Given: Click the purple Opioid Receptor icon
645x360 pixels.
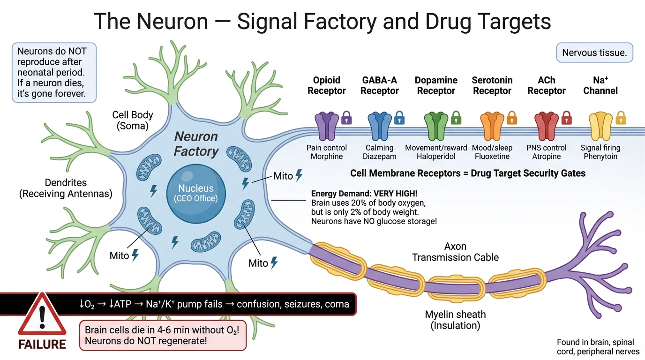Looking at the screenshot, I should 327,126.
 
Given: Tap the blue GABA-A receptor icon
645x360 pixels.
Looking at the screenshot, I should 380,126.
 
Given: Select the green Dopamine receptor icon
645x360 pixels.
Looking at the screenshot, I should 436,126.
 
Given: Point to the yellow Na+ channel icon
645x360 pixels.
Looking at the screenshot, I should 600,126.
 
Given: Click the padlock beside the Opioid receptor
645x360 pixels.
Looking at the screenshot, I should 346,117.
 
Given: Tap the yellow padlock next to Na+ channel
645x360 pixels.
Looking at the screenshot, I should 621,117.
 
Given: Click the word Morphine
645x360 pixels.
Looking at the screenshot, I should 327,157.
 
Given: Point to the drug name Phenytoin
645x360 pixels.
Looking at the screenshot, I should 600,157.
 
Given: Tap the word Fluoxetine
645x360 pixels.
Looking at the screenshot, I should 492,157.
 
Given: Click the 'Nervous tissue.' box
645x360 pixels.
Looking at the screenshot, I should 594,53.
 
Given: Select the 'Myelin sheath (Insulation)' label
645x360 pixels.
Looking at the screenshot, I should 455,320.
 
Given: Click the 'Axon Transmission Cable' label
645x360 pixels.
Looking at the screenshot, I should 455,252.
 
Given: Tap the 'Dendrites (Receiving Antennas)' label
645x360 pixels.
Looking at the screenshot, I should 66,188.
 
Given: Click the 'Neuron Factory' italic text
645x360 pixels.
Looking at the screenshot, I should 196,144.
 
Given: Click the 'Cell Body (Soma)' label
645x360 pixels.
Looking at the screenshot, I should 133,120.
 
